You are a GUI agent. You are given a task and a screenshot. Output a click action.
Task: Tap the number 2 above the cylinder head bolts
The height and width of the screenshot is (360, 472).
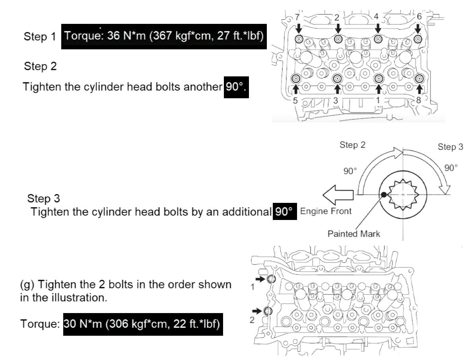click(x=336, y=17)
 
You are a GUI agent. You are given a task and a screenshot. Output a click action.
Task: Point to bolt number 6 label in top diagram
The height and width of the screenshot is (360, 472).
click(x=419, y=17)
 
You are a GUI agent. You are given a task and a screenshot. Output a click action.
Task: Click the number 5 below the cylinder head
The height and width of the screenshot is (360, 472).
click(x=295, y=100)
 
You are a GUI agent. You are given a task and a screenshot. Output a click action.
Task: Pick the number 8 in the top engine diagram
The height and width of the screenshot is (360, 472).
click(x=419, y=100)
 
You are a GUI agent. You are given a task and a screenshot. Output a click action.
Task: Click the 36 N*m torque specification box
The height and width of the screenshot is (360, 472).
click(x=163, y=36)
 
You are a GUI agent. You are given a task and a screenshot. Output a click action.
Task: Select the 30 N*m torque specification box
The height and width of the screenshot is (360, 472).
click(x=143, y=324)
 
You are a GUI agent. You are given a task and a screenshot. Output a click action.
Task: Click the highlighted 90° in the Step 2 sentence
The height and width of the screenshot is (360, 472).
click(x=236, y=87)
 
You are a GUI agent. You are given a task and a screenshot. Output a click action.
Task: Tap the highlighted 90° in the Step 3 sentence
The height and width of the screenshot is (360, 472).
click(x=285, y=211)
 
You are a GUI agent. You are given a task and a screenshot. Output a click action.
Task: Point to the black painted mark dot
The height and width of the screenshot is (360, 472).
click(x=384, y=195)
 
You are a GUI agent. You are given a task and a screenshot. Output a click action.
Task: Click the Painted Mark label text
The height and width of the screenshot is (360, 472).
click(x=354, y=234)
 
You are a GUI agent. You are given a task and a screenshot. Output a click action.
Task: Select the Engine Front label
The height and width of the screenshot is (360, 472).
click(x=326, y=211)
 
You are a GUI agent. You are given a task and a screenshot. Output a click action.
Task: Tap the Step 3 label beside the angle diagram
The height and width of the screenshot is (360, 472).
click(x=450, y=147)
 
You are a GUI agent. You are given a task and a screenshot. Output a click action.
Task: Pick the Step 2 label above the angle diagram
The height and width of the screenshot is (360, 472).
click(x=352, y=145)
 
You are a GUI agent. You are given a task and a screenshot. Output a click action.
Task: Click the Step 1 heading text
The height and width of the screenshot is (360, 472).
click(x=40, y=37)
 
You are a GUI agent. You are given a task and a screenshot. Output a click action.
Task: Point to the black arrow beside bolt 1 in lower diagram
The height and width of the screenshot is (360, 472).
click(x=260, y=280)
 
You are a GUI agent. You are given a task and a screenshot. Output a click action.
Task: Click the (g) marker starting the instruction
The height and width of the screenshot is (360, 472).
click(x=27, y=285)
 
